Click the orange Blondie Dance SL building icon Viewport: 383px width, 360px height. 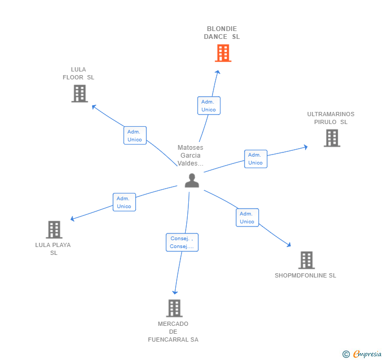point(223,53)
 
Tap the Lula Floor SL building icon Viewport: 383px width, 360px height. point(79,94)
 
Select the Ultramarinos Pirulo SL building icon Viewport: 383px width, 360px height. point(332,138)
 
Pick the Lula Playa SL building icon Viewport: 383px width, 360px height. point(54,230)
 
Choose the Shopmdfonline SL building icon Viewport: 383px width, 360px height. point(306,260)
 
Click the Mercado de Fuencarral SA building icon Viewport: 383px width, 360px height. point(174,308)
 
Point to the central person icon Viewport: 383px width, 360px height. point(192,181)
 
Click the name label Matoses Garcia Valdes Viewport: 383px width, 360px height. point(190,156)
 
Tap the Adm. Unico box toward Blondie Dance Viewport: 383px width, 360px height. point(209,106)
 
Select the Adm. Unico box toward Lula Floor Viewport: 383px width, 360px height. point(135,136)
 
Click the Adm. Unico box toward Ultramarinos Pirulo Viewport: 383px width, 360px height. point(256,159)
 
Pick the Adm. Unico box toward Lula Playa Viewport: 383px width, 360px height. point(124,202)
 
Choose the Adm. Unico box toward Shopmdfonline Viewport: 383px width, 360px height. point(247,218)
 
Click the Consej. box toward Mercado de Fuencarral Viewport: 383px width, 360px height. point(182,242)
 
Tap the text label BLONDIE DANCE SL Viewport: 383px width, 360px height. point(222,33)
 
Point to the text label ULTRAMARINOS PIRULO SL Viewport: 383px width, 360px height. point(331,118)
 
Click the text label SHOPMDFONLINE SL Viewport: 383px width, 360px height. point(305,275)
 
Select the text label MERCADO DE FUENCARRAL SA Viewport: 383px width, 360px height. point(173,332)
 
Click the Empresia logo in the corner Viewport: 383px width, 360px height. point(362,354)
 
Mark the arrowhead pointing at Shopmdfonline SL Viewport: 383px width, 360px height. point(289,245)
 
